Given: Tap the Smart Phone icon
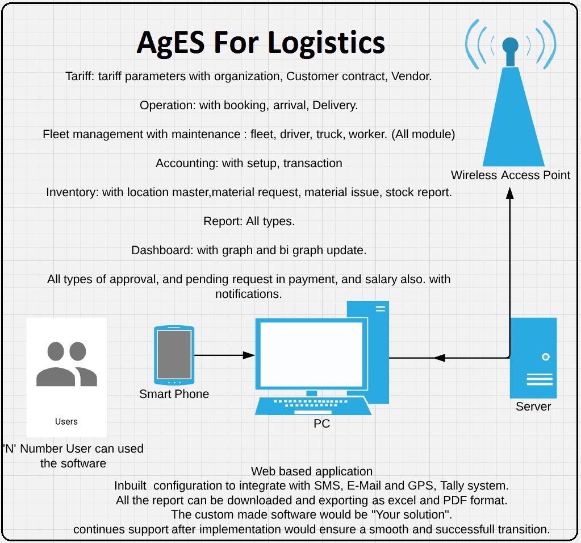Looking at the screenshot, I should pos(174,355).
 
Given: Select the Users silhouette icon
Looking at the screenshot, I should pos(66,364).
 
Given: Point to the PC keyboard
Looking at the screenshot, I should pos(313,405).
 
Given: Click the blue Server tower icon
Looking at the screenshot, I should pos(533,358).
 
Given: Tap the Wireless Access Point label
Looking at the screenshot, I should pos(510,175).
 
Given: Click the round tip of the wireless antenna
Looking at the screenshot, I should pos(510,45).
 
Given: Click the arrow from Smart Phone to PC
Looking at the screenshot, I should pos(224,355).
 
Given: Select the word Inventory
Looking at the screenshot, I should pos(72,193).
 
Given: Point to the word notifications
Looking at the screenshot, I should pos(248,294).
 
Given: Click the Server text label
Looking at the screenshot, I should pos(533,407).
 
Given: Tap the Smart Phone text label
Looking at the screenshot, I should pos(174,394).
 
